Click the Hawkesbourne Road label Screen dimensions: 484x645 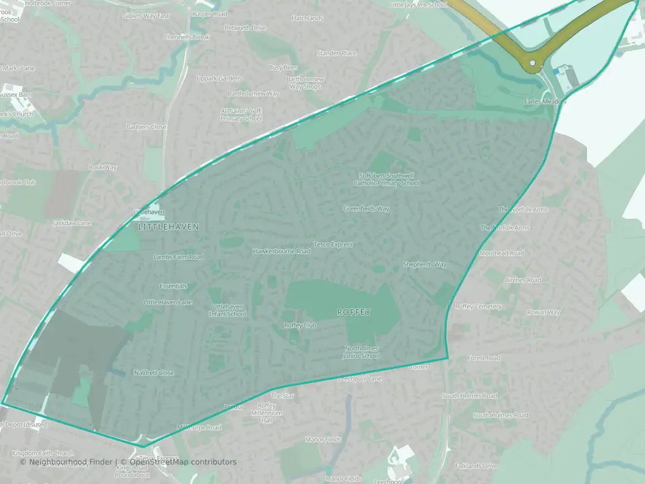[x=282, y=251]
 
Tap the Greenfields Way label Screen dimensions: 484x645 [x=366, y=209]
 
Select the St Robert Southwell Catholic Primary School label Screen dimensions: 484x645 [x=389, y=179]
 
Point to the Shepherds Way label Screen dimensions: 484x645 [x=425, y=265]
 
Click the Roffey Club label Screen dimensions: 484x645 [x=300, y=325]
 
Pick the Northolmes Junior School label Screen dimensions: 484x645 [x=362, y=352]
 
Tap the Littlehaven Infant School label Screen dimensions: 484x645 [x=228, y=310]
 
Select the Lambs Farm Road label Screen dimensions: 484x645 [x=178, y=257]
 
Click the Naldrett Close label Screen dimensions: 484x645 [x=154, y=373]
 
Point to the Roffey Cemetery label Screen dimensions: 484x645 [x=478, y=307]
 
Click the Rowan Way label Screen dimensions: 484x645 [x=544, y=313]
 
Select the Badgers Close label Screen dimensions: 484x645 [x=147, y=127]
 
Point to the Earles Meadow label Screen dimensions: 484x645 [x=546, y=102]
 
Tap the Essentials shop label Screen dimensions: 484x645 [x=173, y=286]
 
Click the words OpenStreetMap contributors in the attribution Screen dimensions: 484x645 [x=183, y=462]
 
